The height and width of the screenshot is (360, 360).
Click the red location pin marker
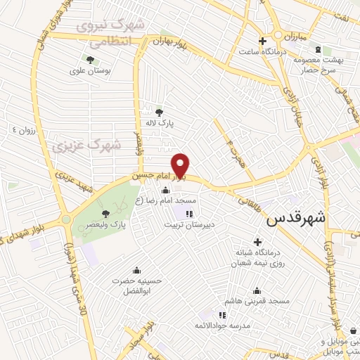pyautogui.click(x=181, y=165)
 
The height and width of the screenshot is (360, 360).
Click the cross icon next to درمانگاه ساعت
pyautogui.click(x=262, y=40)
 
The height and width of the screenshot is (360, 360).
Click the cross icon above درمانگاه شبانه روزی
pyautogui.click(x=257, y=242)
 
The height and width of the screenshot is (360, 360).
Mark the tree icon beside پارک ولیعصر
pyautogui.click(x=105, y=213)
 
